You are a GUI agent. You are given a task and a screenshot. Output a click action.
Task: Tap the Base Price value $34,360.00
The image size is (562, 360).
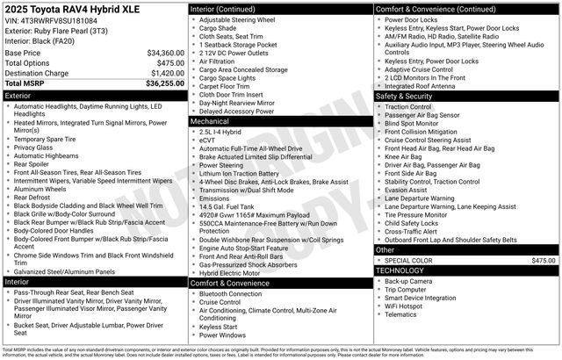(165, 53)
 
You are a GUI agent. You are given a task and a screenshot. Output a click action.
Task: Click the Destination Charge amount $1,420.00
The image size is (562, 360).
(166, 74)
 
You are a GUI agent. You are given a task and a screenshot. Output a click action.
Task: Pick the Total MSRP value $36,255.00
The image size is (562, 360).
(165, 83)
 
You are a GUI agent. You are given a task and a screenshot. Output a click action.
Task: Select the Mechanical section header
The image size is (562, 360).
(280, 122)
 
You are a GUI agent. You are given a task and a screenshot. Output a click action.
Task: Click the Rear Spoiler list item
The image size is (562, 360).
(31, 163)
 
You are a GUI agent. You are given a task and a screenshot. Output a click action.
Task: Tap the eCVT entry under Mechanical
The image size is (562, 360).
(208, 140)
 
